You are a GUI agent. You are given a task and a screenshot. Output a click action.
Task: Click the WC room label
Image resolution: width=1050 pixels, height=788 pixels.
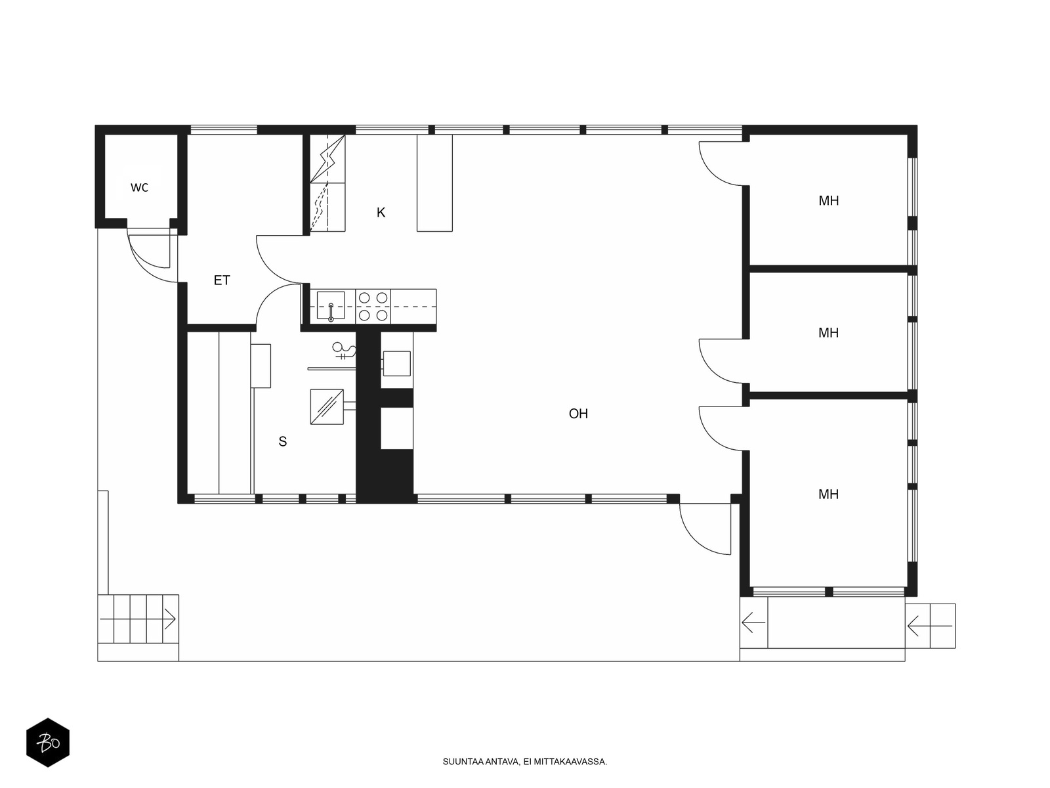click(x=139, y=188)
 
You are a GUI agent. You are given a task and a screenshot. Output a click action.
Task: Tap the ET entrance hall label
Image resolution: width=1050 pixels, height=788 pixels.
click(x=221, y=280)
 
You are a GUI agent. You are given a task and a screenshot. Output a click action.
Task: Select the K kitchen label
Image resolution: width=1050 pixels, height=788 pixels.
click(x=381, y=212)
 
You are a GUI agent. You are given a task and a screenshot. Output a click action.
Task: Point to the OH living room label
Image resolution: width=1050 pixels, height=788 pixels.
click(x=578, y=414)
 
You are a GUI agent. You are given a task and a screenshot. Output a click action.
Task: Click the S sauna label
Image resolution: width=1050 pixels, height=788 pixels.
click(x=283, y=441)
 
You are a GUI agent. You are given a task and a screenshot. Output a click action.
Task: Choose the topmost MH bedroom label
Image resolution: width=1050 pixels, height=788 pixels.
click(x=829, y=200)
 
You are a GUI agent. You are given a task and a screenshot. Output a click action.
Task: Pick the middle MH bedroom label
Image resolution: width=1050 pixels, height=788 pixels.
click(x=829, y=332)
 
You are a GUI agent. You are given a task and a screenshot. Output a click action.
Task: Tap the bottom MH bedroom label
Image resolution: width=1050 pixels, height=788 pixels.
click(x=829, y=494)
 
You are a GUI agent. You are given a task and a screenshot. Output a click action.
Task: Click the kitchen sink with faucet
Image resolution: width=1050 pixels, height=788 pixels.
click(x=331, y=306)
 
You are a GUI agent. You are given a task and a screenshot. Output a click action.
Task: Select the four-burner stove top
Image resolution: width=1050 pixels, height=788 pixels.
click(x=373, y=306)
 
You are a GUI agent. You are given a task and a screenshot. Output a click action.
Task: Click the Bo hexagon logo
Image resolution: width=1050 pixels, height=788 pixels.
click(x=48, y=743)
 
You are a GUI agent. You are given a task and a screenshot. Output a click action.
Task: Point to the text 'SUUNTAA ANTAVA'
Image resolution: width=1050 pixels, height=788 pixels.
click(x=481, y=762)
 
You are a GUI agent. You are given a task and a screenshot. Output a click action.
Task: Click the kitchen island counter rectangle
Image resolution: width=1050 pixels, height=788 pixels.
click(x=434, y=183)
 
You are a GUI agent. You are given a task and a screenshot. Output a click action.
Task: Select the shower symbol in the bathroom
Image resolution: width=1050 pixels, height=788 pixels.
click(x=345, y=350)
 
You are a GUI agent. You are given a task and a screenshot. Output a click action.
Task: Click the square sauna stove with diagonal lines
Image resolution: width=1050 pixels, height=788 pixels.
click(x=327, y=406)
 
